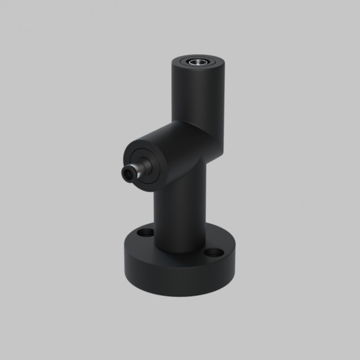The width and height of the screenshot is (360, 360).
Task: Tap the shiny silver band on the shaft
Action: (x=145, y=163)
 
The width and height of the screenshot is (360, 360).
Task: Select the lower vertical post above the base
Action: (x=180, y=216)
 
